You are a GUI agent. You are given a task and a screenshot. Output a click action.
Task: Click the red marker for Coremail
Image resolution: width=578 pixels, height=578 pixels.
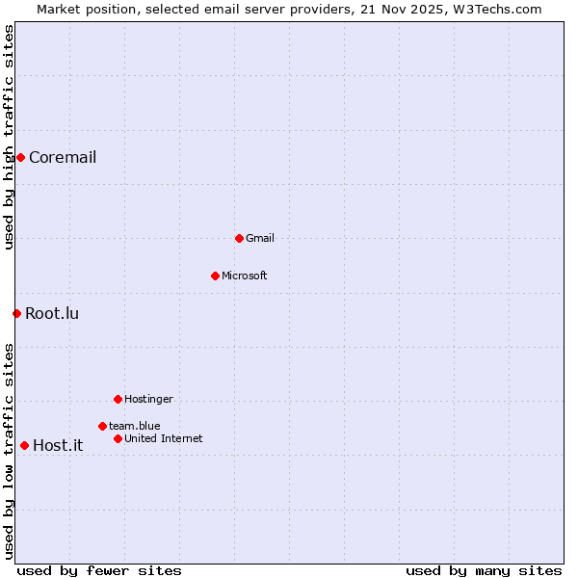(x=20, y=157)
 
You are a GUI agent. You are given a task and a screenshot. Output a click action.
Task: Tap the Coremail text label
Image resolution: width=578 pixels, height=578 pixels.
(x=63, y=158)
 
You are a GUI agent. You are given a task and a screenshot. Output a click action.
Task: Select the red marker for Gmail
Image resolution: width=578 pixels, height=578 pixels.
(x=239, y=238)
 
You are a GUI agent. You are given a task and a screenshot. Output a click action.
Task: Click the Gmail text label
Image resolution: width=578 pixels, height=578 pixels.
(x=260, y=238)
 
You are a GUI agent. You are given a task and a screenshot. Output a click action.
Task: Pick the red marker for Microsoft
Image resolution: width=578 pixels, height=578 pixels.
(x=215, y=276)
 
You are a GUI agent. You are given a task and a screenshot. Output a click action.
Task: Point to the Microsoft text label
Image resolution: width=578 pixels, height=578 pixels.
(x=245, y=276)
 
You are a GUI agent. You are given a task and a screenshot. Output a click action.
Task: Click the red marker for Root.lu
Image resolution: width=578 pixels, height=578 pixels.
(x=16, y=313)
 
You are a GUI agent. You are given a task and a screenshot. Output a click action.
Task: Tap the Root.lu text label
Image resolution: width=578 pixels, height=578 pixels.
(x=52, y=313)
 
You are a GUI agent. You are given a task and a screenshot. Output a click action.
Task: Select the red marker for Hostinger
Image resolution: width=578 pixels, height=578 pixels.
(x=118, y=399)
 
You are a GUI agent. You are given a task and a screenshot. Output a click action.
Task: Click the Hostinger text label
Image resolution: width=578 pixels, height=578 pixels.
(x=148, y=399)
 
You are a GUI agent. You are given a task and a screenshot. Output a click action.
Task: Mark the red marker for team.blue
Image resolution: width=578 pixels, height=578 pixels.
(x=102, y=426)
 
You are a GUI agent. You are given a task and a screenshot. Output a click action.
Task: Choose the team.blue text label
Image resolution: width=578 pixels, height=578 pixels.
(x=135, y=426)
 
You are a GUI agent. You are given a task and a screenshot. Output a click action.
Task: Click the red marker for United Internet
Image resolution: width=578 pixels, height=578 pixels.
(x=118, y=438)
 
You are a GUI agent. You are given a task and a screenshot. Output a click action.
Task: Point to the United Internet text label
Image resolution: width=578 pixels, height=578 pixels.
(x=164, y=438)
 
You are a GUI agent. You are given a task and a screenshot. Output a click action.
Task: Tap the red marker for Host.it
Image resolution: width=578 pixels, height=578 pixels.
(x=24, y=445)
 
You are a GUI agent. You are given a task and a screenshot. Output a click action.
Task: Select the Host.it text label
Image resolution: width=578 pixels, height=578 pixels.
(x=58, y=445)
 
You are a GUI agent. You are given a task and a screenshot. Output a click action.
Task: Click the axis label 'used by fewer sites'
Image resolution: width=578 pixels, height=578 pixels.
(x=99, y=570)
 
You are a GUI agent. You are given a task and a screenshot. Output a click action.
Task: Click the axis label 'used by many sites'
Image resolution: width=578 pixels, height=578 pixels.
(x=484, y=570)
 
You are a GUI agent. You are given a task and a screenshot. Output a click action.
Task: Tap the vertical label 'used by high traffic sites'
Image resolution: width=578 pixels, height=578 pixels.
(x=9, y=137)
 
